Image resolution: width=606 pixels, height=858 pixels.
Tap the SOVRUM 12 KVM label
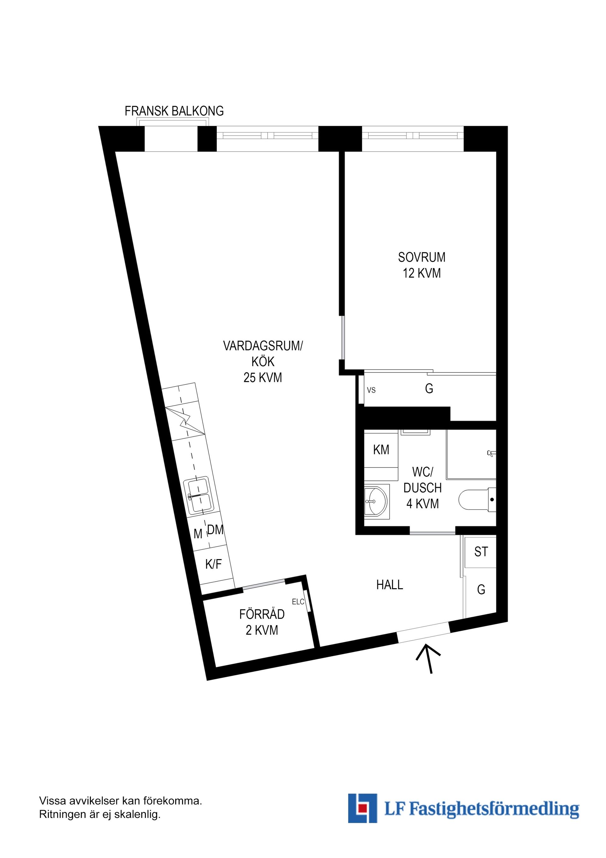[422, 265]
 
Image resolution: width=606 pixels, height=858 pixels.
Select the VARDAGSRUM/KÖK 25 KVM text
[263, 361]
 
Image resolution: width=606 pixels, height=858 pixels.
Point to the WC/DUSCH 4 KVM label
[423, 488]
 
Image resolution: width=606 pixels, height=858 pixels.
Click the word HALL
[389, 585]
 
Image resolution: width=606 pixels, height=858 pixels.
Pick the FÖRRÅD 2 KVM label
[262, 622]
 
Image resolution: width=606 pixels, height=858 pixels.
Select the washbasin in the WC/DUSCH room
[376, 501]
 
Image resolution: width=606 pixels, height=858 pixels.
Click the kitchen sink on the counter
[200, 495]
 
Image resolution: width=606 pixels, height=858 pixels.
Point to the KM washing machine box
[381, 450]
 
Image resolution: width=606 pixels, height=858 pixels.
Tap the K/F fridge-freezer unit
[214, 564]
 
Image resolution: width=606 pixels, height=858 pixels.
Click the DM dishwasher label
[216, 529]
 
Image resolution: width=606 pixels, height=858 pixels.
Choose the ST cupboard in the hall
[481, 552]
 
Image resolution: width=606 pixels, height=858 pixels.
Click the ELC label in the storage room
[298, 602]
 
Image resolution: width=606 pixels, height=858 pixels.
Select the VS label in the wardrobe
[371, 390]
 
